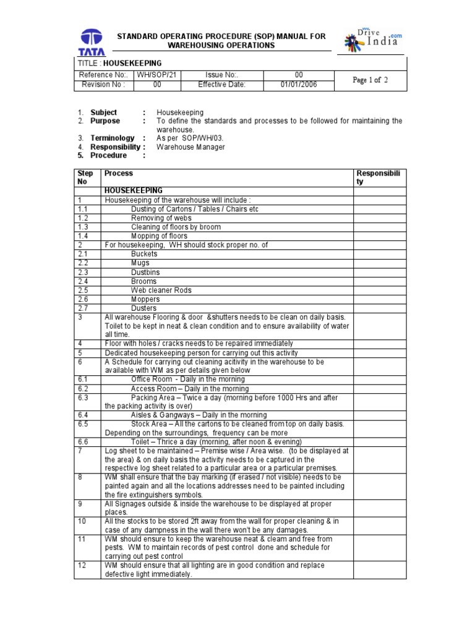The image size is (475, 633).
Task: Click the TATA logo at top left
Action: (x=92, y=41)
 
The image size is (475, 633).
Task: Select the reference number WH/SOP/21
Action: (x=157, y=75)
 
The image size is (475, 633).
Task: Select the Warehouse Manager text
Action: (x=190, y=147)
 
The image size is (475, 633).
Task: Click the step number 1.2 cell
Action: (x=83, y=218)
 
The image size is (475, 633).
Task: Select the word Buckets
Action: (x=144, y=254)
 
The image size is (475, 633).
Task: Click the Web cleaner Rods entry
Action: (x=161, y=290)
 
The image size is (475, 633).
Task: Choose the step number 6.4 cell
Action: (x=83, y=415)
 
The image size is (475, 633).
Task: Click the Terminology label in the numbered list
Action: (x=112, y=138)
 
